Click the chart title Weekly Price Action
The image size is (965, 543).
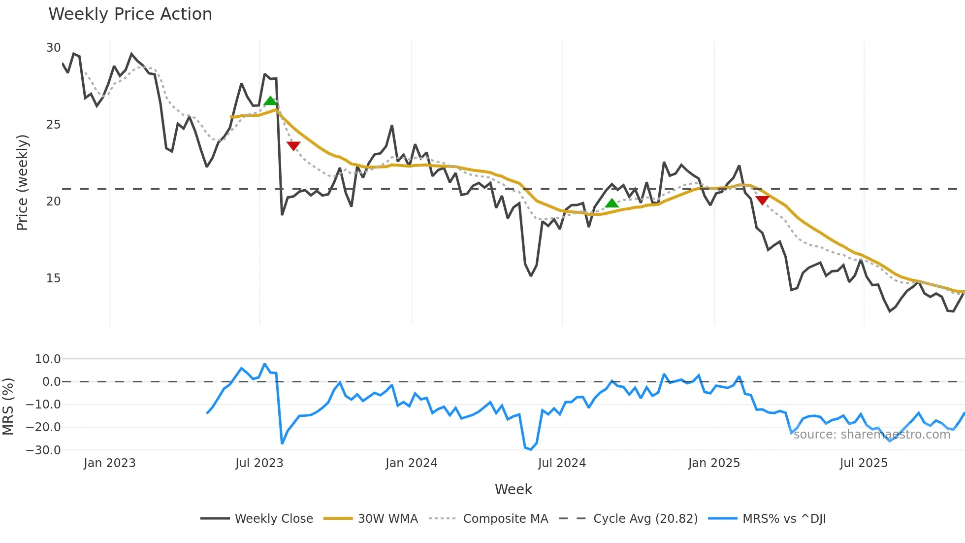(x=130, y=14)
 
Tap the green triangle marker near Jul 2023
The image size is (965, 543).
(x=270, y=101)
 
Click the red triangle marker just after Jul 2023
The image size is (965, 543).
(x=293, y=146)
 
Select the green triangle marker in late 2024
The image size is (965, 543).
(x=611, y=203)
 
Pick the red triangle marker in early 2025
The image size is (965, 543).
(x=762, y=200)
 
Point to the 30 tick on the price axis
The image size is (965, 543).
(x=53, y=48)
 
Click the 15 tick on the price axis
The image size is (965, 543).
(x=53, y=278)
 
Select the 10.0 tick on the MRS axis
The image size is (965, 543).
(x=47, y=359)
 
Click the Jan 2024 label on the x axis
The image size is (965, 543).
(x=411, y=463)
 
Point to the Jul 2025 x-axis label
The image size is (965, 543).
(x=864, y=463)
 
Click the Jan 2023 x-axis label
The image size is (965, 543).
(x=109, y=463)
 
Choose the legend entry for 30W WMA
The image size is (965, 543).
(x=387, y=519)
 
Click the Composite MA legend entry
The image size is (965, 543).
(x=505, y=519)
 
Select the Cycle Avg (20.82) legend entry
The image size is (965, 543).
(x=645, y=519)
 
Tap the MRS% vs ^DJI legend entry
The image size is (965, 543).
(x=784, y=519)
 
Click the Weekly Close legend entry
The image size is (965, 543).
(x=274, y=519)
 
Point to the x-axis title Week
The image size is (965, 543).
(x=513, y=489)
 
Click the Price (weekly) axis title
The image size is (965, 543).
(x=22, y=182)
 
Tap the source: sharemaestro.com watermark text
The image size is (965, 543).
(x=871, y=435)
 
